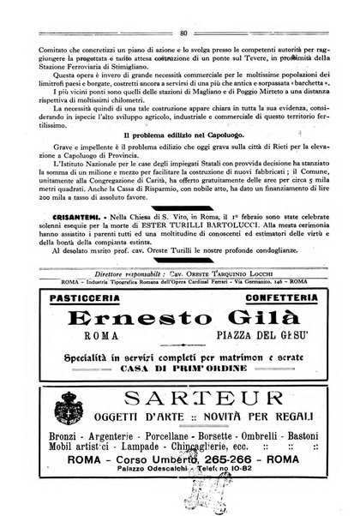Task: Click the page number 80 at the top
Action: point(183,9)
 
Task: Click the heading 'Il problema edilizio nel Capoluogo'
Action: point(184,135)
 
